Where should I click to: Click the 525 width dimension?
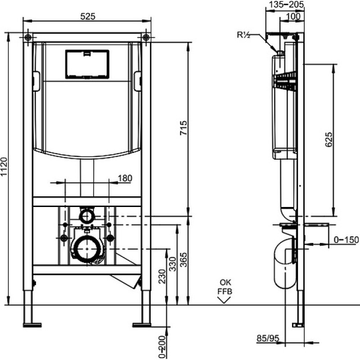(x=88, y=16)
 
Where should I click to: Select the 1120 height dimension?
(x=4, y=166)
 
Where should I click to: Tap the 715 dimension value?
(x=184, y=128)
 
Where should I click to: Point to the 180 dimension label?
(x=125, y=178)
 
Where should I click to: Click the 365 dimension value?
(x=184, y=260)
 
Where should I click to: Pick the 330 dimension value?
(x=173, y=264)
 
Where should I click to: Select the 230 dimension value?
(x=162, y=276)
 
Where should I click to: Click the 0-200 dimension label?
(x=162, y=347)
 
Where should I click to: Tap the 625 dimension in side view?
(x=328, y=139)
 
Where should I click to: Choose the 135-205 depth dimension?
(x=286, y=4)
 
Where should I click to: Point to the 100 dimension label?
(x=294, y=16)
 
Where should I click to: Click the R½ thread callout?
(x=243, y=35)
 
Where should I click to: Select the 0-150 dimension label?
(x=346, y=240)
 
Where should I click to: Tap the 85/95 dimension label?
(x=268, y=338)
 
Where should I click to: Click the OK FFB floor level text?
(x=225, y=287)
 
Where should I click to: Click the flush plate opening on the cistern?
(x=87, y=64)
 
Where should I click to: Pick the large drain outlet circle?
(x=87, y=249)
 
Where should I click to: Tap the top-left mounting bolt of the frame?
(x=28, y=37)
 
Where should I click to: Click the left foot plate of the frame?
(x=32, y=325)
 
